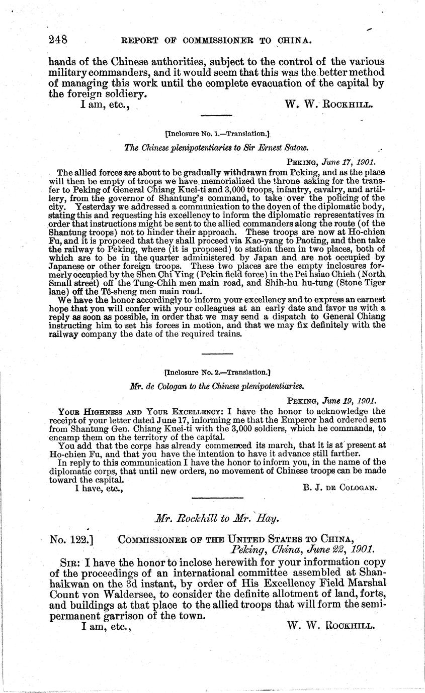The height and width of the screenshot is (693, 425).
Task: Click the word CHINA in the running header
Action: tap(293, 40)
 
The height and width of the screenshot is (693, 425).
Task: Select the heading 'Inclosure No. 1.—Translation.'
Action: tap(218, 134)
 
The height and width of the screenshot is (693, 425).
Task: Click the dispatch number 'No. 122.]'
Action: tap(73, 540)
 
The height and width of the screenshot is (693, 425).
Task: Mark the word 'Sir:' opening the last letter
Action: tap(69, 563)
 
